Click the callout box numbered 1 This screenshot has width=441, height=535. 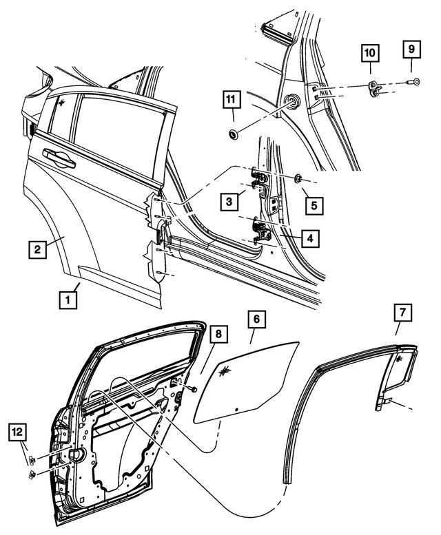(x=67, y=300)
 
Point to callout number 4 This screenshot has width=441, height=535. (x=310, y=238)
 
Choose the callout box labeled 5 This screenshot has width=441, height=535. (x=313, y=205)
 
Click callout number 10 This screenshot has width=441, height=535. (x=369, y=52)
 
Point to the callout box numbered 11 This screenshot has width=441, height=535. (x=232, y=99)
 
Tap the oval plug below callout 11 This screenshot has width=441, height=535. (x=233, y=130)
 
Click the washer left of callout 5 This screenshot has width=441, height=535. (x=298, y=178)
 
